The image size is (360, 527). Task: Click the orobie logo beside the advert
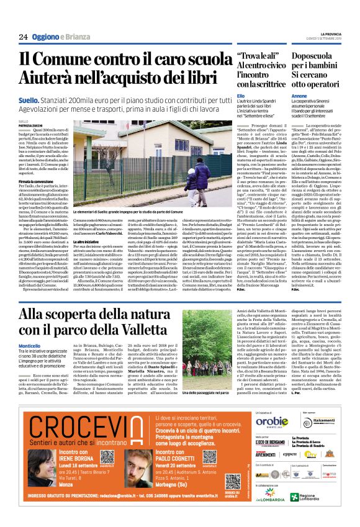(269, 420)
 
